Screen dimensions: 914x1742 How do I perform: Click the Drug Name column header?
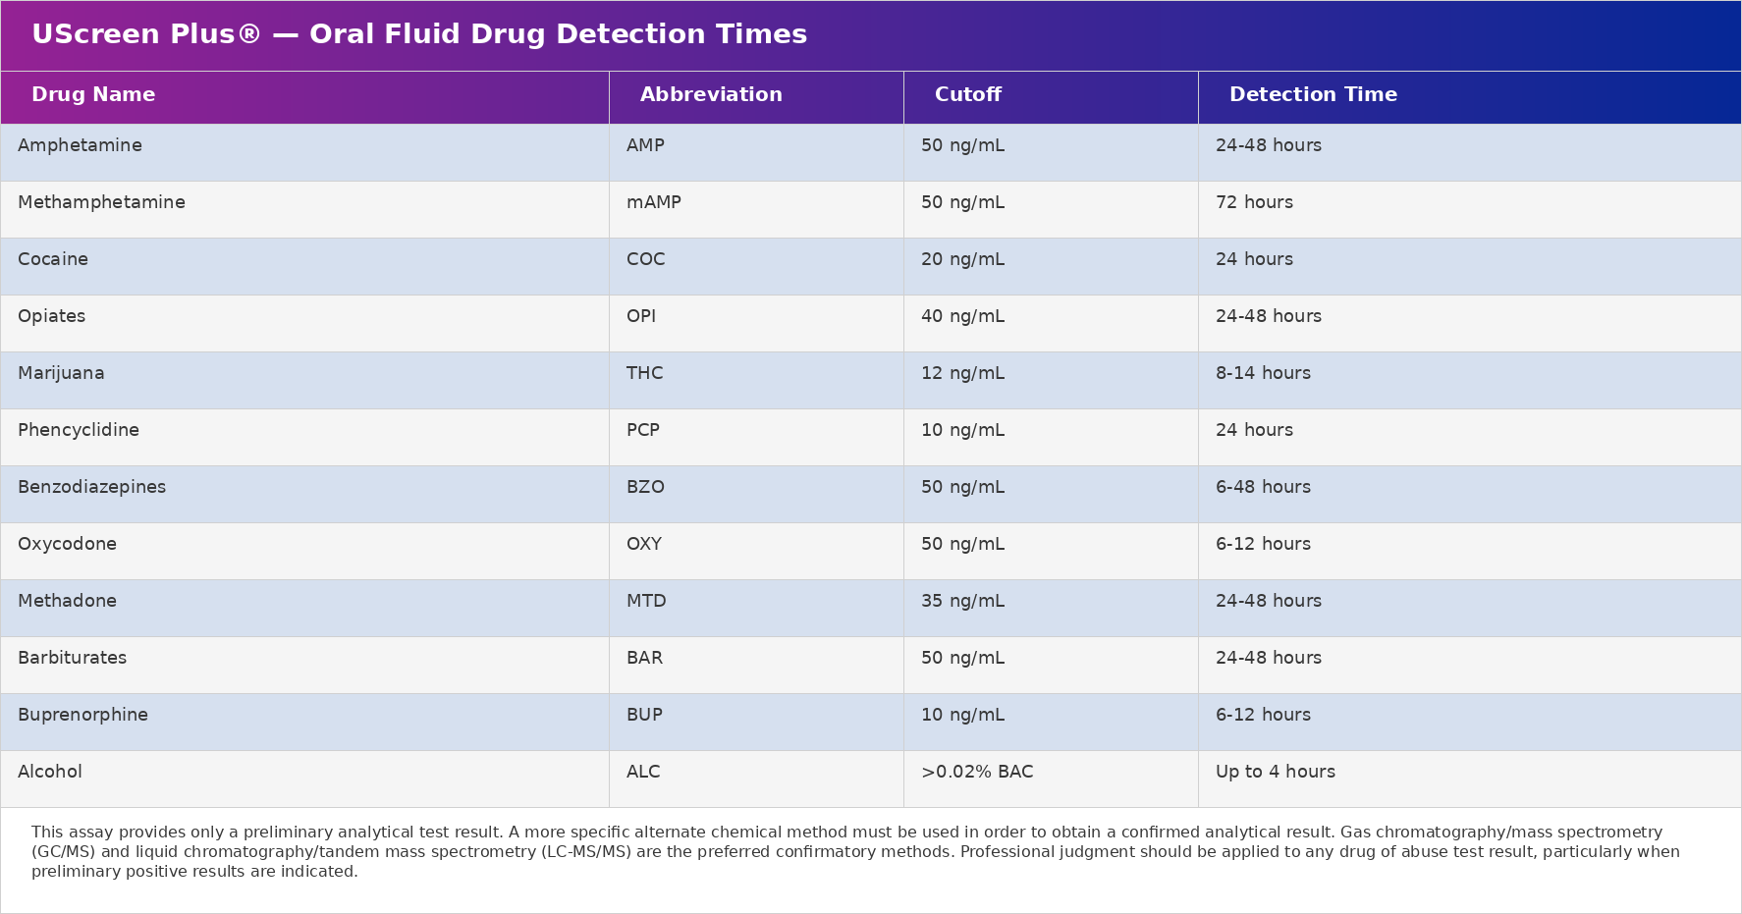(x=93, y=95)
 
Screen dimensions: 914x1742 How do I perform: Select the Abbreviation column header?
(x=711, y=95)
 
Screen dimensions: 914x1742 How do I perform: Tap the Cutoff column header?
(x=967, y=95)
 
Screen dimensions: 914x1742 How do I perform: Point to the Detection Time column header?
(x=1313, y=95)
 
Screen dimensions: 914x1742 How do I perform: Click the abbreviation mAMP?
(x=653, y=202)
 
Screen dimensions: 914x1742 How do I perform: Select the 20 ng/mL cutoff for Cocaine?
(x=962, y=259)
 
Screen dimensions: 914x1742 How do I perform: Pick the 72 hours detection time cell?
(x=1254, y=202)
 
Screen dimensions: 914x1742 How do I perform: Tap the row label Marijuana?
(x=61, y=373)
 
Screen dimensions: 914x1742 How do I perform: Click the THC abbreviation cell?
(x=644, y=373)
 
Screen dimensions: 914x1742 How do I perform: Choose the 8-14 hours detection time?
(x=1263, y=373)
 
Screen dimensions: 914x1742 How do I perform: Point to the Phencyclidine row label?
(x=79, y=430)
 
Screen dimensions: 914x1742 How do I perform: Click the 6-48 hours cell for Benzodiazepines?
(x=1263, y=487)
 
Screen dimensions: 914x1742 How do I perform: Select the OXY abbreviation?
(x=644, y=544)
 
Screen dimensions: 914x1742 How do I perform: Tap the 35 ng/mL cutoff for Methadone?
(x=962, y=601)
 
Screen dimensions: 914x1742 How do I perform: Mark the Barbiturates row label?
(x=72, y=658)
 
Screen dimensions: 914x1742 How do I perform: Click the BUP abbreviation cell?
(x=644, y=715)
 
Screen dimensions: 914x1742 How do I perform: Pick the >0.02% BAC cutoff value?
(x=977, y=772)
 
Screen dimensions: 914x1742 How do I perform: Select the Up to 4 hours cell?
(x=1275, y=772)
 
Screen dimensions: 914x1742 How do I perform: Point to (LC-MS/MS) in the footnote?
(x=586, y=852)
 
